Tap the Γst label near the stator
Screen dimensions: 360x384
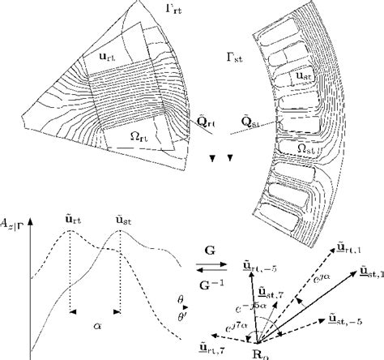pos(235,58)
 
